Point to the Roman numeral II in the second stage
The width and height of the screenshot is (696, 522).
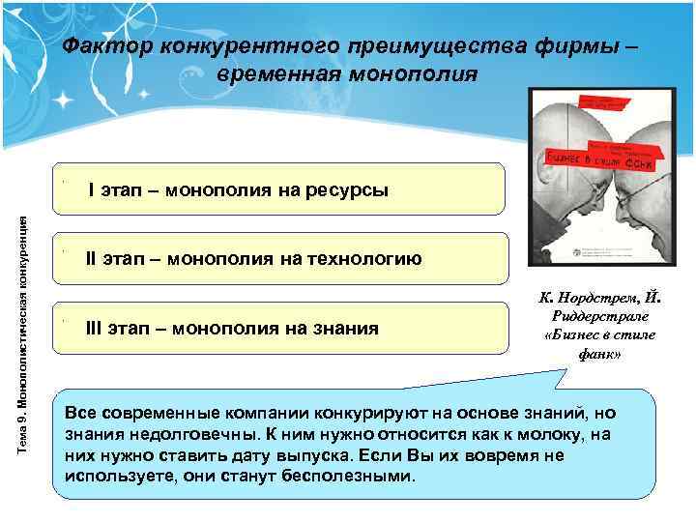[93, 258]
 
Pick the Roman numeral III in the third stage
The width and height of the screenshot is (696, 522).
[96, 328]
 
